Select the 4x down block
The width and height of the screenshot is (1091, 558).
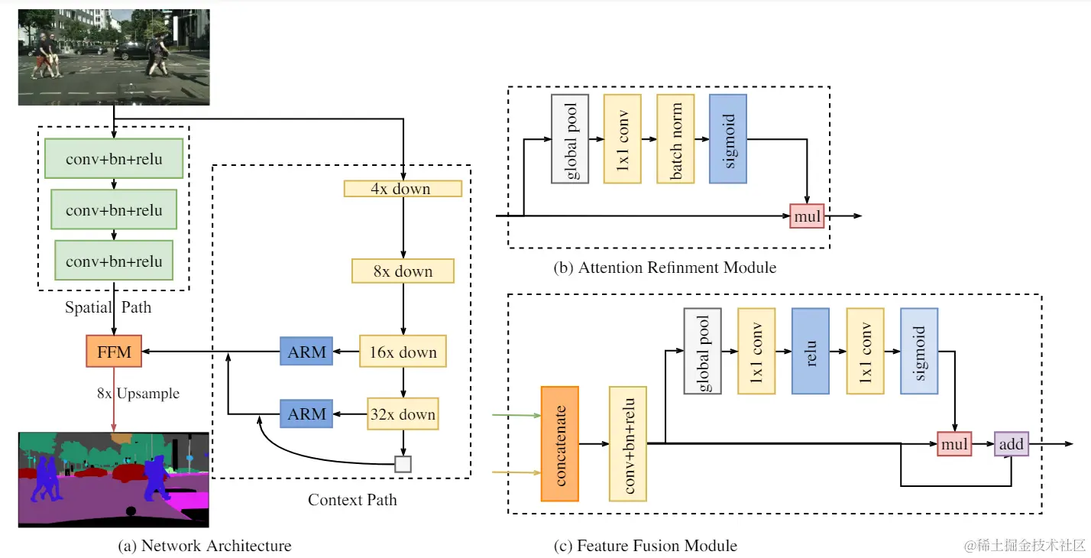tap(403, 189)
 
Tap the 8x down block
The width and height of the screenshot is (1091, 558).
tap(403, 271)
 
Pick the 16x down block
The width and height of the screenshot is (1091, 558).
tap(403, 352)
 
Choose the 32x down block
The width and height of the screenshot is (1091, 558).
tap(403, 415)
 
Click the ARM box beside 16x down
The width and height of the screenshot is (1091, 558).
tap(306, 352)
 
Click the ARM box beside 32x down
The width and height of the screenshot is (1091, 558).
tap(306, 415)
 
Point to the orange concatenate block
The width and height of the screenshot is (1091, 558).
tap(559, 443)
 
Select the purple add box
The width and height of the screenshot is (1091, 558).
tap(1011, 443)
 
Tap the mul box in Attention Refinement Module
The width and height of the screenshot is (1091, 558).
tap(808, 216)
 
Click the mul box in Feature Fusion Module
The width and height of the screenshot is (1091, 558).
tap(954, 443)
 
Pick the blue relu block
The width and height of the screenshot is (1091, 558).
tap(811, 351)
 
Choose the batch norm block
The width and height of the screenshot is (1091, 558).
tap(675, 138)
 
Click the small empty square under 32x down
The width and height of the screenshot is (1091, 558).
tap(403, 463)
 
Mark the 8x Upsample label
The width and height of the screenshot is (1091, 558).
tap(138, 394)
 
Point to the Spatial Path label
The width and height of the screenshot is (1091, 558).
tap(108, 307)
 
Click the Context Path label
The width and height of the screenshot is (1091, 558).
tap(352, 500)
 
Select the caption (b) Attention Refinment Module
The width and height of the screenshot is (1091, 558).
tap(665, 268)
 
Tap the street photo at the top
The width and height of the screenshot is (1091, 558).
tap(114, 57)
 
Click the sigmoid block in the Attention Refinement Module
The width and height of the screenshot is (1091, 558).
tap(727, 138)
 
